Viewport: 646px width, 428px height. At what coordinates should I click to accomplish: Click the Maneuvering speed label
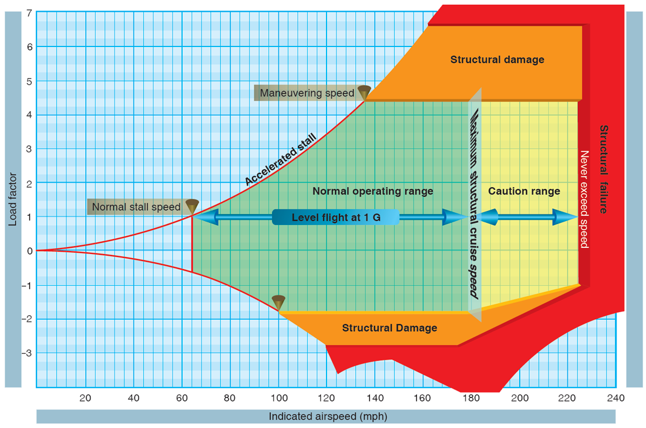click(x=307, y=93)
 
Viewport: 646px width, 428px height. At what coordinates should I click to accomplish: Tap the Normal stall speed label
click(x=136, y=207)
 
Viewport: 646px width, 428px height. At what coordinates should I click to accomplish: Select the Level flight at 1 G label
click(x=336, y=218)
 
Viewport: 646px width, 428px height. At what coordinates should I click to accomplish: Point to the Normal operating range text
click(x=372, y=191)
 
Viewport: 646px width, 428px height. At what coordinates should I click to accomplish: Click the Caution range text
click(x=524, y=191)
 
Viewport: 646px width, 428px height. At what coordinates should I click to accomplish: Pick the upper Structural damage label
click(x=497, y=59)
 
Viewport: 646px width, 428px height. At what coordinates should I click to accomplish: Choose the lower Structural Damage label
click(x=389, y=328)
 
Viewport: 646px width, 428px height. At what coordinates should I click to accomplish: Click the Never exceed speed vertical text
click(x=584, y=199)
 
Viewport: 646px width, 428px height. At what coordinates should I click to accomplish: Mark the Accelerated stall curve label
click(x=280, y=160)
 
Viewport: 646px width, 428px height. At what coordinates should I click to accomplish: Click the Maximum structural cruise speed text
click(x=475, y=200)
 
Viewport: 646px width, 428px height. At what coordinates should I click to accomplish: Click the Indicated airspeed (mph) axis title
click(x=328, y=416)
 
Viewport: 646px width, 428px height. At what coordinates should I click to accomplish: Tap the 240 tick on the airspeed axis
click(x=616, y=397)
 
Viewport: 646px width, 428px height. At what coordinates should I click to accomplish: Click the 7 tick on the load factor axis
click(x=29, y=13)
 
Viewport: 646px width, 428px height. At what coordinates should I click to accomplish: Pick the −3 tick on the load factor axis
click(x=26, y=353)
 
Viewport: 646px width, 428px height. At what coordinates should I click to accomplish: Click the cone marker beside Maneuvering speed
click(x=364, y=92)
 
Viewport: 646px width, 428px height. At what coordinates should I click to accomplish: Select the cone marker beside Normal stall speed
click(x=192, y=206)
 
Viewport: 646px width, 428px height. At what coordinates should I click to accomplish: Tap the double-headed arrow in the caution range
click(x=527, y=218)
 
